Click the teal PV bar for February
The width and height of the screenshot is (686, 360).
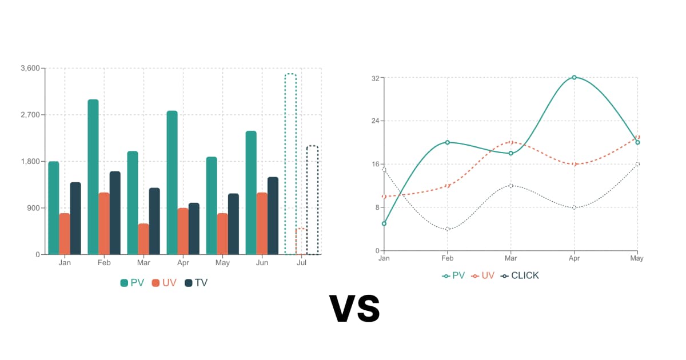(93, 177)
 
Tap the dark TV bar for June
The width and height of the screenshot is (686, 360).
(273, 215)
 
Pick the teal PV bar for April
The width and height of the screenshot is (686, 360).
(172, 182)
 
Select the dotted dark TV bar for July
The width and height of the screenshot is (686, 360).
(312, 200)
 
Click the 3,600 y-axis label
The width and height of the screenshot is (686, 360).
(30, 69)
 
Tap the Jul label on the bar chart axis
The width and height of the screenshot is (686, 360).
(301, 263)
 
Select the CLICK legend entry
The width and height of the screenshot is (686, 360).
(520, 275)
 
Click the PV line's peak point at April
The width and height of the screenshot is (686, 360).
(574, 77)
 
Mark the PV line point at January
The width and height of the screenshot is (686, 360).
(384, 223)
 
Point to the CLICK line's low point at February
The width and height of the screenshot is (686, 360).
(448, 229)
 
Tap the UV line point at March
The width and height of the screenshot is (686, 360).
(511, 142)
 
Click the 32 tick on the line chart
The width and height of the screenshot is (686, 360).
(376, 78)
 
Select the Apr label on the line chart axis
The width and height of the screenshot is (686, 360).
(574, 258)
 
